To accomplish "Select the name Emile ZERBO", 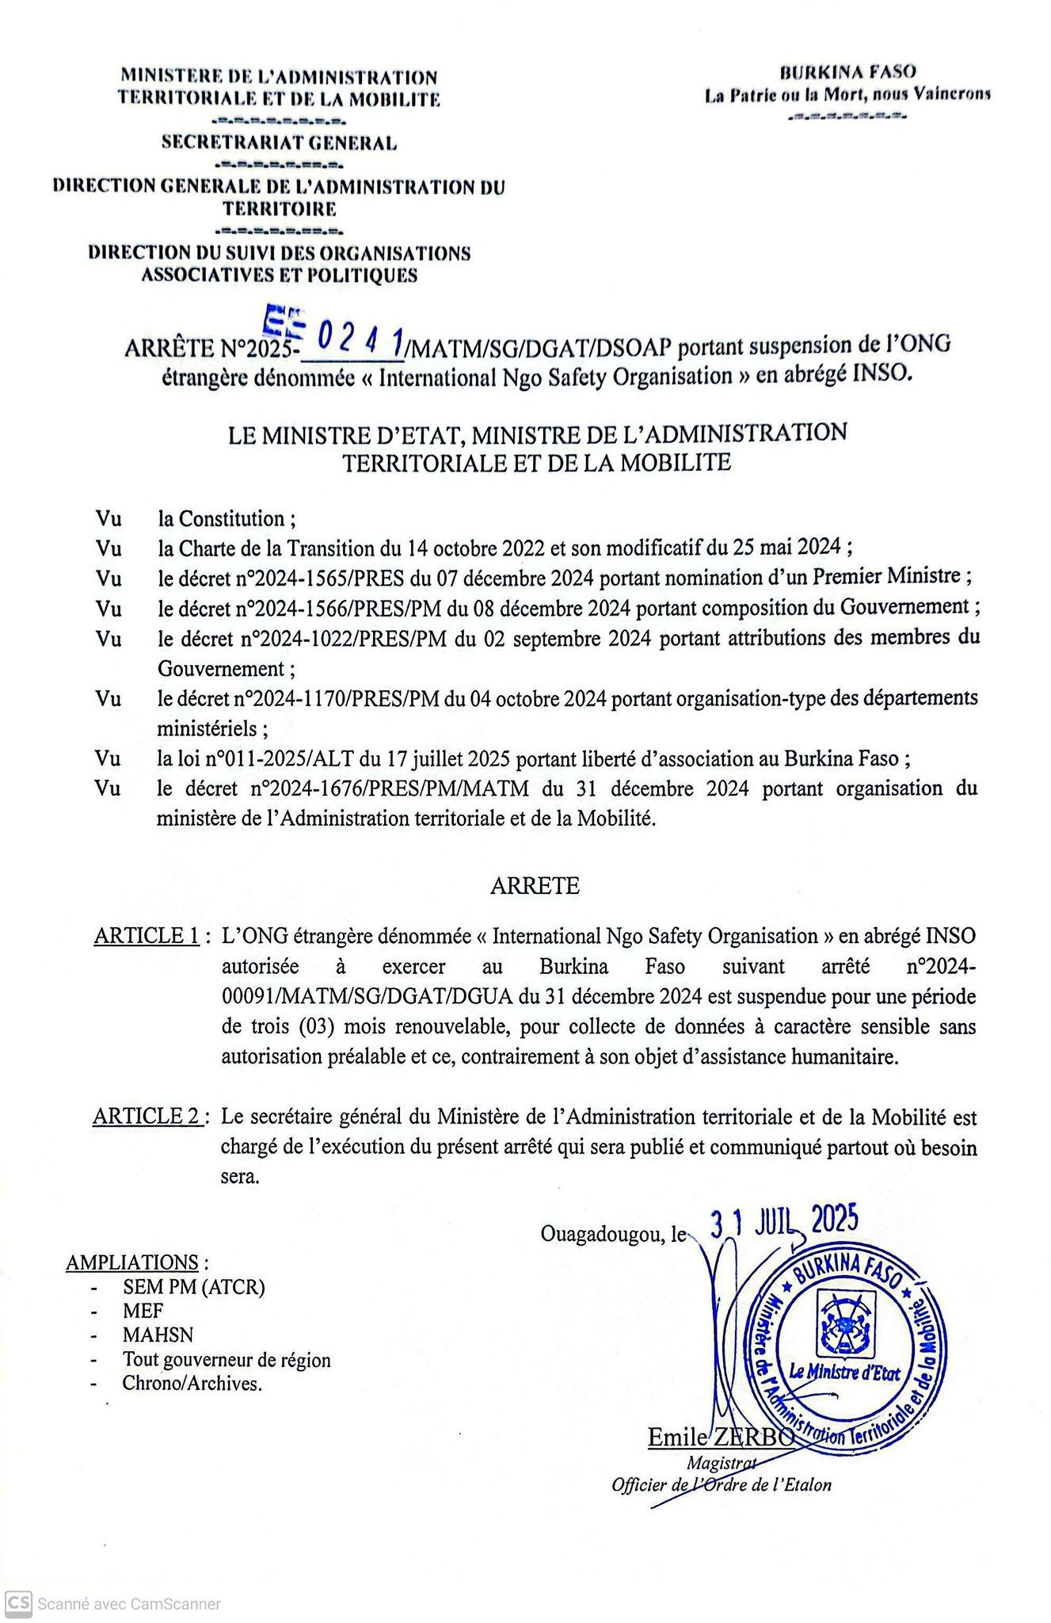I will (721, 1437).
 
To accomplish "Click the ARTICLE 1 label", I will (147, 936).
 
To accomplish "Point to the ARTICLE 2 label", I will (147, 1117).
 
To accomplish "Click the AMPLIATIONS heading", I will (132, 1262).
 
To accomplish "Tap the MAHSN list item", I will (158, 1335).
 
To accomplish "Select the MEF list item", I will (143, 1311).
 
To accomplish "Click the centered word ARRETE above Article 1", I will (535, 885).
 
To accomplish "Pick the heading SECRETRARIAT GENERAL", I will (279, 143).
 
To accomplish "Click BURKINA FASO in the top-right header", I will (847, 72).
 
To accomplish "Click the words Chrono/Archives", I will (192, 1384).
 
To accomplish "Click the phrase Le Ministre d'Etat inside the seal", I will (844, 1373).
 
